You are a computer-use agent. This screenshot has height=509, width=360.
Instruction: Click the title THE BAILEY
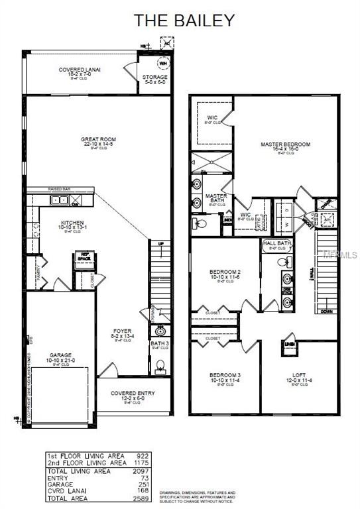185,20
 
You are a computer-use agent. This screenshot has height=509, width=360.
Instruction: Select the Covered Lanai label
74,71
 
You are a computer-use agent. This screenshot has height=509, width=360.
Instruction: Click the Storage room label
155,78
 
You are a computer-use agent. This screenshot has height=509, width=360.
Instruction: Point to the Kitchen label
71,223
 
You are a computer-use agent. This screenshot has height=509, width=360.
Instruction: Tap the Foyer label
121,331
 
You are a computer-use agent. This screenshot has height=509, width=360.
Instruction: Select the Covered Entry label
133,394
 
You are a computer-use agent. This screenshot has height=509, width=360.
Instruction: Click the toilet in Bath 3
159,365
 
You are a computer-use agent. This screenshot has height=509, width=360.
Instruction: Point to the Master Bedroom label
285,144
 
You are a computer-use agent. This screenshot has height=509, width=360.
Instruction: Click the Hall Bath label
277,245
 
